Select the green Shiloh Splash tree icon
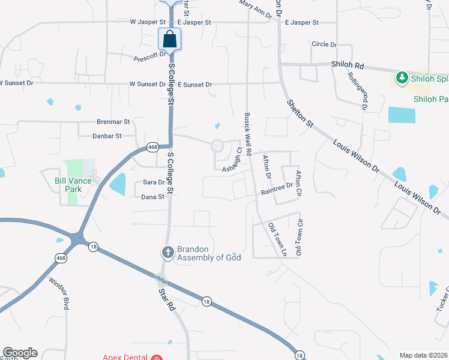coord(401,77)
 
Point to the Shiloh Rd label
coord(348,64)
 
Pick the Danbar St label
coord(107,136)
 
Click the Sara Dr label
coord(153,182)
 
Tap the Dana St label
coord(152,197)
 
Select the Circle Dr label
coord(325,44)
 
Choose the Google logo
coord(20,353)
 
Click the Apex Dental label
coord(125,357)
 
